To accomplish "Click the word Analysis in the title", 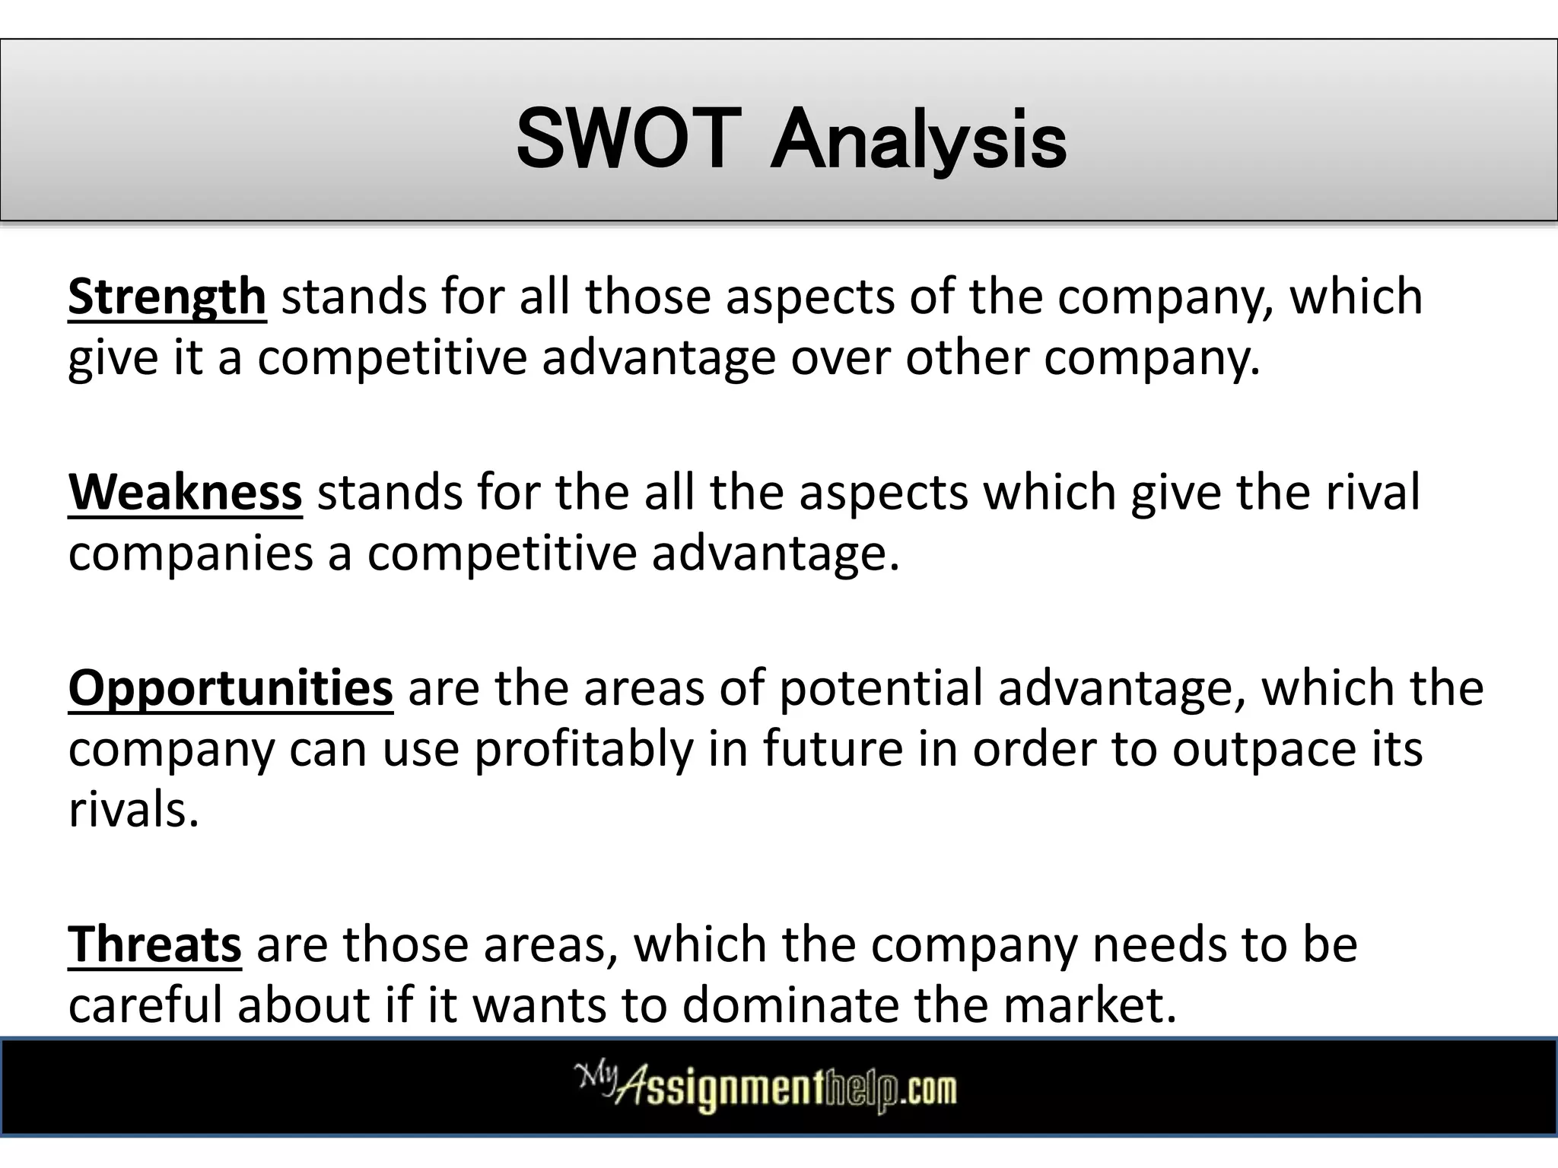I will click(917, 141).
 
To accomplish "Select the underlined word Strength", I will click(167, 297).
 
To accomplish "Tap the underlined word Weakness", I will click(185, 493).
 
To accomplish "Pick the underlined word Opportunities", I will click(231, 688).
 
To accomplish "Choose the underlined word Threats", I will click(154, 945).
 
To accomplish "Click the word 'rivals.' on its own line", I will click(133, 810).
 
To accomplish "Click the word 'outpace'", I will click(1264, 749).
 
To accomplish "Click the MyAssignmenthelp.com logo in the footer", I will click(765, 1088).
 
